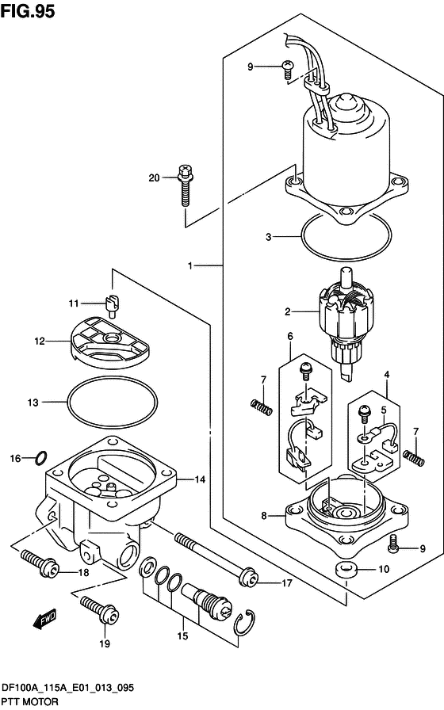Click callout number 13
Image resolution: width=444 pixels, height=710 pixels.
[32, 403]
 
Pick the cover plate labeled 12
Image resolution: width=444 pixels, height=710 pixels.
[107, 342]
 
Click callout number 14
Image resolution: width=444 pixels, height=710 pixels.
[200, 479]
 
